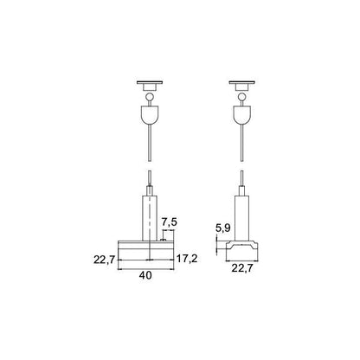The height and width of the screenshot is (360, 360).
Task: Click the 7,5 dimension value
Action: tap(169, 222)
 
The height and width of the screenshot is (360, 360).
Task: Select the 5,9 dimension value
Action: tap(222, 228)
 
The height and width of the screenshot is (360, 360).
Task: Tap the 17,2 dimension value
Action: tap(187, 259)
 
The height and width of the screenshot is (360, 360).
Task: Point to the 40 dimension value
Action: tap(145, 275)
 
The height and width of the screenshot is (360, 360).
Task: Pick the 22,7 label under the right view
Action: tap(242, 268)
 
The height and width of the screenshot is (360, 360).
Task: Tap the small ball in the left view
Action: tap(150, 97)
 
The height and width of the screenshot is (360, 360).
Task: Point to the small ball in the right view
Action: tap(242, 97)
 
